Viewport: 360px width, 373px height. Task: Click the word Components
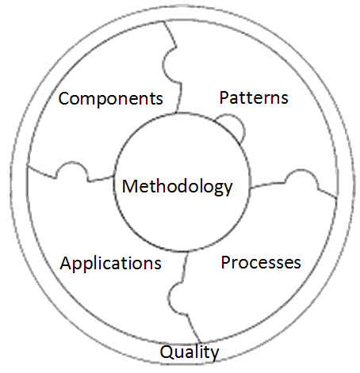point(110,99)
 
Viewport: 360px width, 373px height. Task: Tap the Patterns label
point(254,97)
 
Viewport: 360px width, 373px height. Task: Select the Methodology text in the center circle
point(177,187)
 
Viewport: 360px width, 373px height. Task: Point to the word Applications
point(110,263)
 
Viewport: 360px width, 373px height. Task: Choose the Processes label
point(261,262)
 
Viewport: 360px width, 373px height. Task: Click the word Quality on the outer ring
point(190,352)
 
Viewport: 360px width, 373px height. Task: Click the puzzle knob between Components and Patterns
point(168,66)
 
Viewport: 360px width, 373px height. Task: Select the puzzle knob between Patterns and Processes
point(301,177)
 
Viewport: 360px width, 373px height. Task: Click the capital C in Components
point(64,98)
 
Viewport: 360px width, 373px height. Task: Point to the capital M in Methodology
point(129,186)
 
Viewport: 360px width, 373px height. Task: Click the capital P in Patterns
point(224,97)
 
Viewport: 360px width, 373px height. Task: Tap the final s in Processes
point(297,264)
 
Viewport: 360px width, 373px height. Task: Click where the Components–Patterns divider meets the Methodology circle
point(176,112)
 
